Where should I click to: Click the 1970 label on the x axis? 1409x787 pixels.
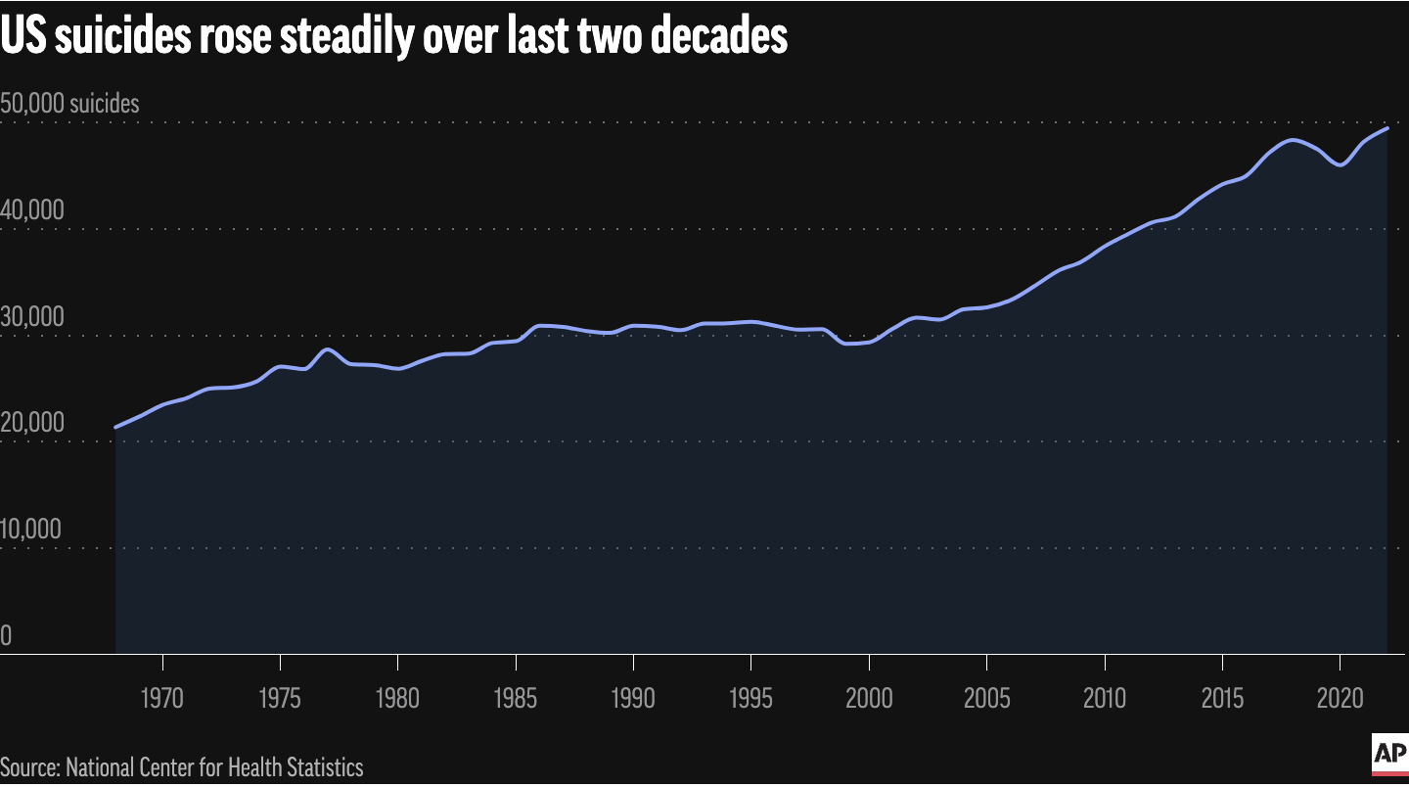click(162, 698)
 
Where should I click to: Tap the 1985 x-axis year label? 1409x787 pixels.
click(515, 698)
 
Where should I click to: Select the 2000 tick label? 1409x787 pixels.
click(869, 698)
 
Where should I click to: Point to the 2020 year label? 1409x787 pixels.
click(1340, 698)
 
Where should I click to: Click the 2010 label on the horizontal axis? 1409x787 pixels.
click(1105, 698)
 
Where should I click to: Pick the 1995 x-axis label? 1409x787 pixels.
click(750, 698)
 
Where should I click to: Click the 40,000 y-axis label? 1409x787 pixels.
click(32, 209)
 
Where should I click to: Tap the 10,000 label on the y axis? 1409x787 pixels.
click(31, 529)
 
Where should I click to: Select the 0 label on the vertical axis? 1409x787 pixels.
click(6, 635)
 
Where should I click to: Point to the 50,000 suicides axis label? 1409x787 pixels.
click(69, 104)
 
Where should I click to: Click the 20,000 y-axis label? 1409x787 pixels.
click(32, 423)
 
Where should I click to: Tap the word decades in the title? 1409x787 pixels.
click(719, 36)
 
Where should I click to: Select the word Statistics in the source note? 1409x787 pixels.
click(325, 767)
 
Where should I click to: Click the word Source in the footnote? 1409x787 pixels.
click(30, 767)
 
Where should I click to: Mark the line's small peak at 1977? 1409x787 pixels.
click(328, 349)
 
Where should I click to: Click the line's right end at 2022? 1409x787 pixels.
click(1387, 128)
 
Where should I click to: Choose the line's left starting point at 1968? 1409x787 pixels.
click(115, 428)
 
